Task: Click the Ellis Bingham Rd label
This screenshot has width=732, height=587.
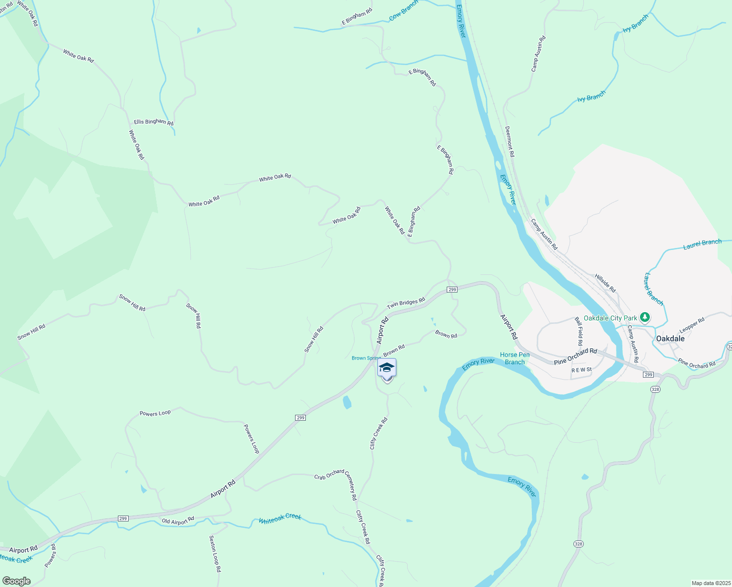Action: coord(153,122)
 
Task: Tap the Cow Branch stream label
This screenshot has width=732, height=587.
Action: coord(404,10)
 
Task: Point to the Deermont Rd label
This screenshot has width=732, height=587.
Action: coord(509,141)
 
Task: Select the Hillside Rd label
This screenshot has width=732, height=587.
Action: coord(605,283)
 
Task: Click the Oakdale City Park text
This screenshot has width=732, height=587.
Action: coord(610,318)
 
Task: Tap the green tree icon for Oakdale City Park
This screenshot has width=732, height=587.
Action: coord(645,318)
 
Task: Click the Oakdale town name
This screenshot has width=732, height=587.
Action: coord(670,339)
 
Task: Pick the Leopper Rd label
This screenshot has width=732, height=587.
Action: coord(692,325)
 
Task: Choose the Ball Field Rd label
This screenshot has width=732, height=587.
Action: coord(579,328)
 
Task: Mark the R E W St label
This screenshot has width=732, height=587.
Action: coord(582,370)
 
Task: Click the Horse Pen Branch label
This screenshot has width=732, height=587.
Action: coord(515,359)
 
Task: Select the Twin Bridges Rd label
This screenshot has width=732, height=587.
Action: coord(406,303)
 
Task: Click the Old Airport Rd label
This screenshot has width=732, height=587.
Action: coord(178,520)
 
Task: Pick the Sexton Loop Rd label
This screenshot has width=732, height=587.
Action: coord(215,554)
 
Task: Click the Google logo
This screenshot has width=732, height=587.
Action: coord(16,581)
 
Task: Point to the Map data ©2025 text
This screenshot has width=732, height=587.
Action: coord(710,583)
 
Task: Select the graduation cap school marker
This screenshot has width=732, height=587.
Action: coord(387,368)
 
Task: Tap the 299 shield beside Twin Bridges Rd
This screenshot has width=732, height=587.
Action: coord(452,290)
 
